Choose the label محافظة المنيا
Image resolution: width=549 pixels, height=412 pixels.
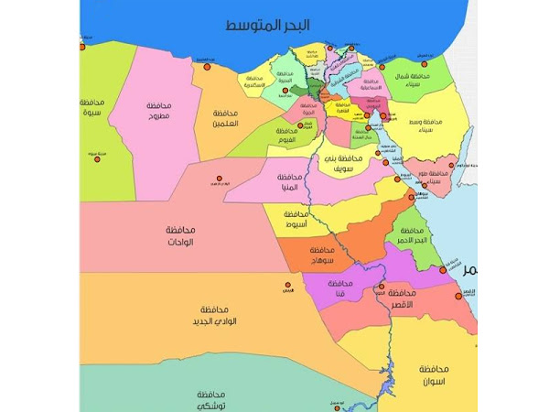[x=288, y=181]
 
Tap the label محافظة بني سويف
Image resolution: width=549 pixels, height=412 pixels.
[x=342, y=164]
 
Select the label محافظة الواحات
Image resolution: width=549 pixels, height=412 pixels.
[x=185, y=234]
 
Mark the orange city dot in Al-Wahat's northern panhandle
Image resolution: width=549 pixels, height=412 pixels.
[x=218, y=179]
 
